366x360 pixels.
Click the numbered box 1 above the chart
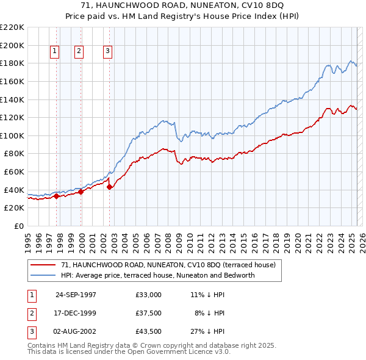(x=55, y=52)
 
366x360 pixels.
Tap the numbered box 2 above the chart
(x=79, y=52)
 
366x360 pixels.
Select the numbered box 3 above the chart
(x=107, y=52)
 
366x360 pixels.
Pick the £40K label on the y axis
(x=14, y=190)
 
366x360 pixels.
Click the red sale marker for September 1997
(x=57, y=196)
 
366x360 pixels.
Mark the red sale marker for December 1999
(x=81, y=192)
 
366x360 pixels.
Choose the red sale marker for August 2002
(x=109, y=187)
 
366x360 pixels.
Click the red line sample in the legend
(x=43, y=265)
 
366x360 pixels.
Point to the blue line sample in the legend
(x=43, y=275)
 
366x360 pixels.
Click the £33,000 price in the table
(x=149, y=295)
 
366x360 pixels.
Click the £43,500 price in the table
(x=149, y=331)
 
